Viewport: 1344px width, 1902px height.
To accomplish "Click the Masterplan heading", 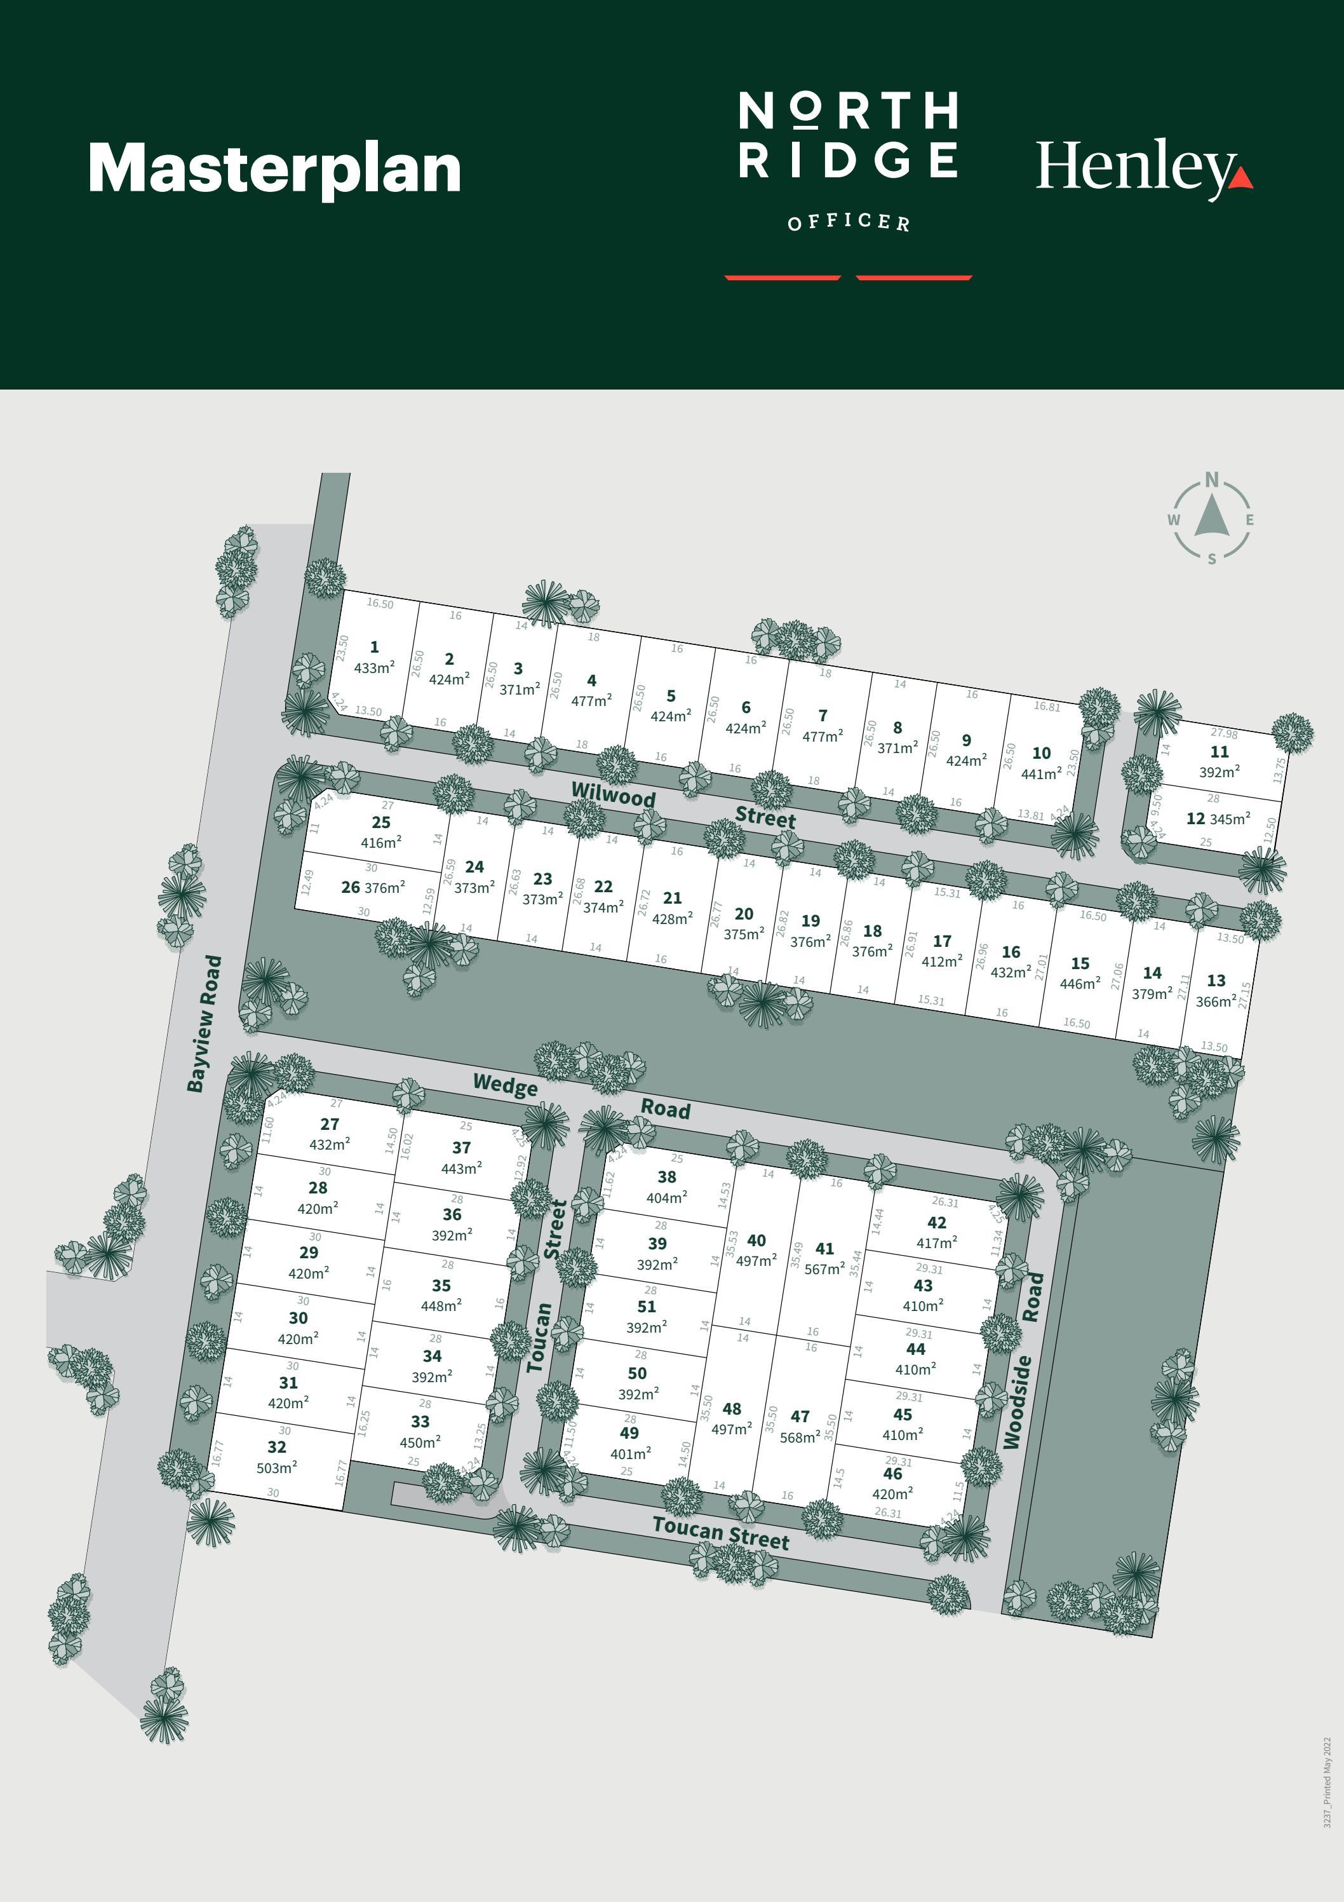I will tap(274, 170).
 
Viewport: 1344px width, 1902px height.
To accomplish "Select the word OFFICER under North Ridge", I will tap(848, 222).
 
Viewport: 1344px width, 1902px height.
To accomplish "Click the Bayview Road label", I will tap(204, 1024).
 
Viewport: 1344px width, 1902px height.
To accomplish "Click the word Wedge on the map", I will tap(505, 1083).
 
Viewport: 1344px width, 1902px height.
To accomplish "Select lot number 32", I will tap(276, 1447).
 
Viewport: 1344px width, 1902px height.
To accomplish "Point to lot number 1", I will tap(374, 647).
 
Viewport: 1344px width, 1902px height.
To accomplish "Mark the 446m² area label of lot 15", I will tap(1080, 984).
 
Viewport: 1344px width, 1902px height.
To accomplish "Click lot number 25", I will tap(381, 822).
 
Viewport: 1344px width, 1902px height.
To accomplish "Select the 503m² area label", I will tap(276, 1468).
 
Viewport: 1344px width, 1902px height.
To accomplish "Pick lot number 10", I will tap(1041, 753).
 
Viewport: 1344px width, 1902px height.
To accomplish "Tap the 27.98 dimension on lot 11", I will tap(1224, 733).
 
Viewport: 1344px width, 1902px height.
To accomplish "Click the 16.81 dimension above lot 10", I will tap(1047, 707).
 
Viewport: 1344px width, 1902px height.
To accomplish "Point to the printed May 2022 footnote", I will tap(1327, 1781).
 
